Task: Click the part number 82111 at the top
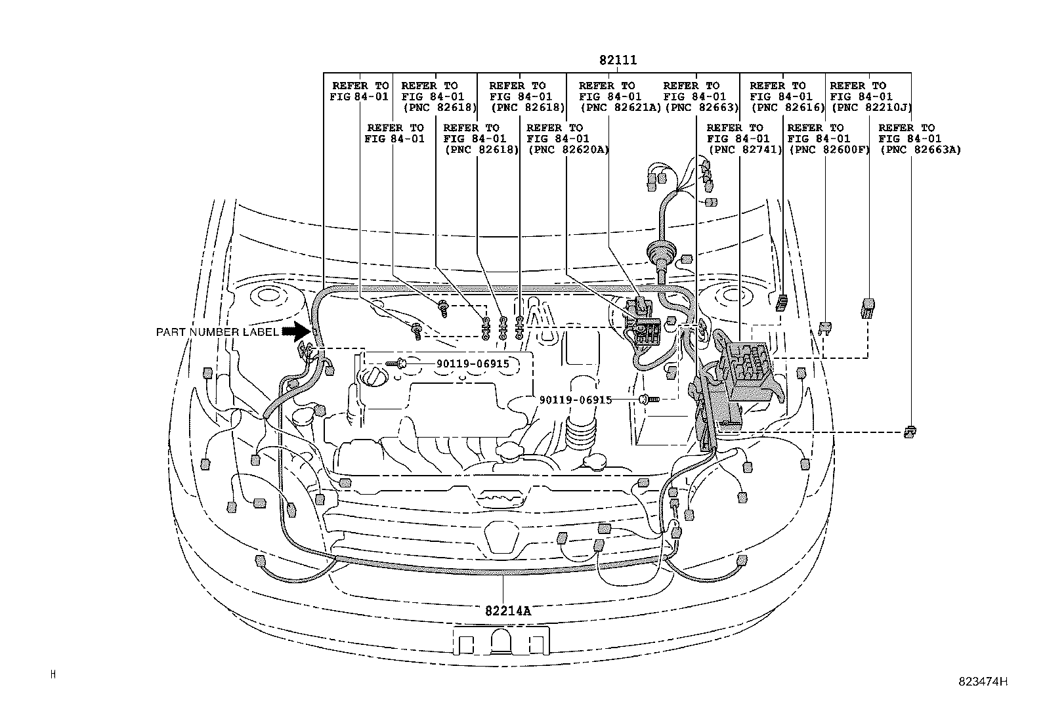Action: [x=617, y=60]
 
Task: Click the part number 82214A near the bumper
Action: [x=507, y=610]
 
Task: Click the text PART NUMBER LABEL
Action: [x=217, y=333]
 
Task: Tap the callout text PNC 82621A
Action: [x=620, y=108]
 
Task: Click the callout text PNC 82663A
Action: [x=920, y=150]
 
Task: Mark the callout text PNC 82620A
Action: [x=568, y=150]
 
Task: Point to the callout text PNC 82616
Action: [x=787, y=108]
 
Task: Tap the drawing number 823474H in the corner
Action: [x=981, y=681]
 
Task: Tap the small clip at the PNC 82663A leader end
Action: [x=910, y=431]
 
